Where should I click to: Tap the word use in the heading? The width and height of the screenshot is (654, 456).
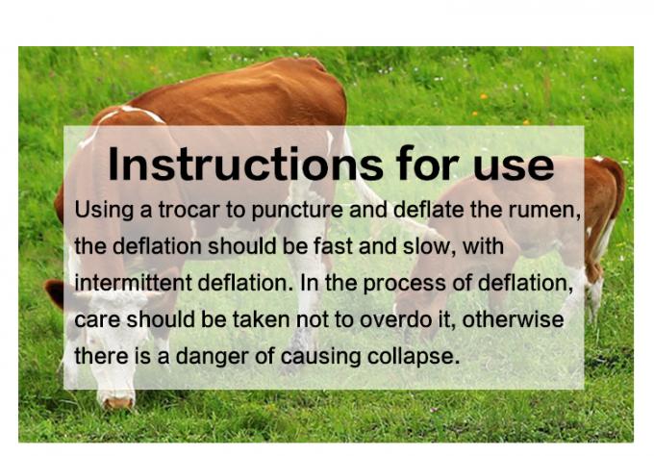click(x=515, y=164)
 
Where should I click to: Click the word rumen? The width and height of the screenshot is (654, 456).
click(x=550, y=210)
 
